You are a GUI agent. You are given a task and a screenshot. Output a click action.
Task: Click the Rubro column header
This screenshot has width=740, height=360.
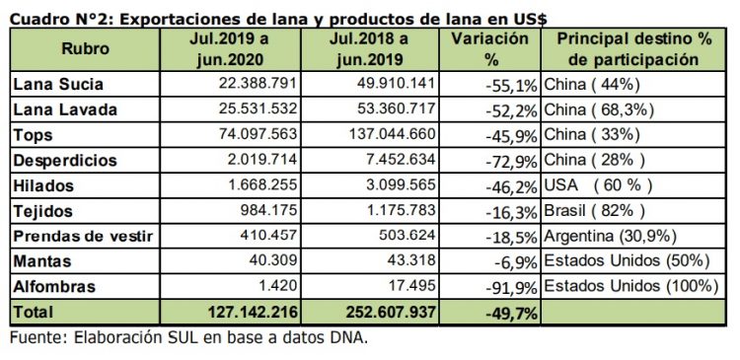pyautogui.click(x=85, y=48)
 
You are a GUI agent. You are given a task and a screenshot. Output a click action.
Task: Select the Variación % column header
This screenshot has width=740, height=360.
pyautogui.click(x=489, y=48)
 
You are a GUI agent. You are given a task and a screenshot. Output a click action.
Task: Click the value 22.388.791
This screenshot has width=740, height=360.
pyautogui.click(x=254, y=85)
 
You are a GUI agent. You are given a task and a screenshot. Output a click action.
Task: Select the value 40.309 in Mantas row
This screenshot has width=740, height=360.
pyautogui.click(x=268, y=260)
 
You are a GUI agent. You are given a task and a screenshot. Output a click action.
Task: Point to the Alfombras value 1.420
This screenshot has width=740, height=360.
pyautogui.click(x=272, y=286)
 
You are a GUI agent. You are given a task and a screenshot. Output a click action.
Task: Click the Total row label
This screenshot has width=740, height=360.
pyautogui.click(x=35, y=312)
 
